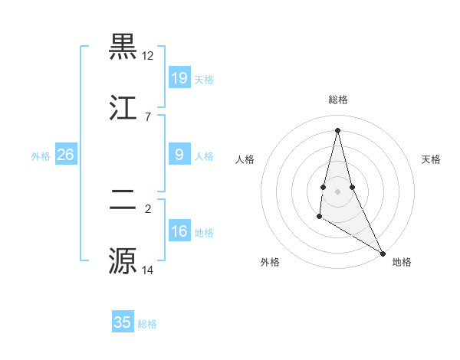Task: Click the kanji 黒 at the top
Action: (123, 47)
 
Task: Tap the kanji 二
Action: (123, 201)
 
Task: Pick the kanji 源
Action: (123, 260)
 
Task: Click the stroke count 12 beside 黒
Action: (148, 56)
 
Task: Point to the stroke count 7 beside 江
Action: (148, 116)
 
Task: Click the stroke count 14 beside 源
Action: (148, 270)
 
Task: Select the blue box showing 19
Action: (179, 77)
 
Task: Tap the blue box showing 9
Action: (179, 155)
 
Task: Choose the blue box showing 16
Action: (179, 231)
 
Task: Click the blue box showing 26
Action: (65, 155)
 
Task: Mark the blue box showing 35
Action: (123, 322)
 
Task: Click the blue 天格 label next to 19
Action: (204, 79)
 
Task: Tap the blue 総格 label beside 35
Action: (147, 324)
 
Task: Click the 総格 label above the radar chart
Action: (338, 100)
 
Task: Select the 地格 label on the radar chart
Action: (402, 262)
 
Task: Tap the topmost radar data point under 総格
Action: (337, 129)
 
